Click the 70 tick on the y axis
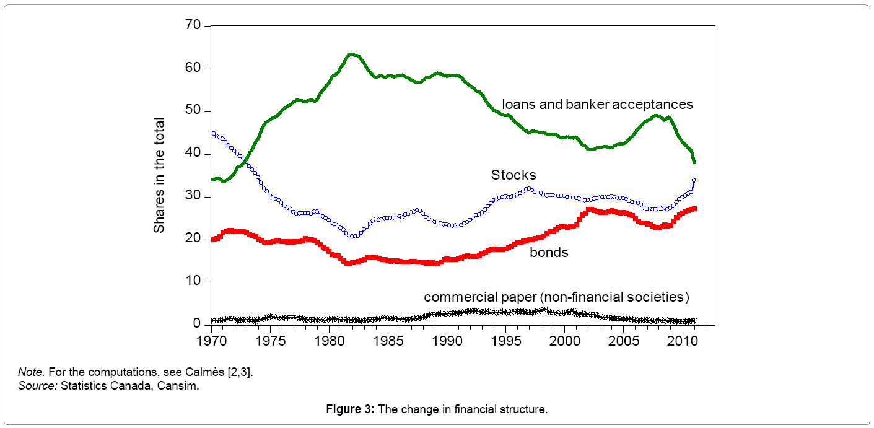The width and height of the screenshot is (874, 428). pyautogui.click(x=193, y=26)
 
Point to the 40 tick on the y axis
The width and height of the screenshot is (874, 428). pyautogui.click(x=193, y=154)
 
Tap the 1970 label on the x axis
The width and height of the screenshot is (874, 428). pyautogui.click(x=211, y=341)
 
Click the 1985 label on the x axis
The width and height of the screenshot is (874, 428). pyautogui.click(x=388, y=341)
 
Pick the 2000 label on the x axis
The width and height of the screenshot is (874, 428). pyautogui.click(x=565, y=341)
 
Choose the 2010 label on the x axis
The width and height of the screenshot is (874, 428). pyautogui.click(x=683, y=341)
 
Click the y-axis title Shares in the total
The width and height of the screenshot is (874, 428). pyautogui.click(x=159, y=175)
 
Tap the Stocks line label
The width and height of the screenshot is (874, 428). pyautogui.click(x=513, y=175)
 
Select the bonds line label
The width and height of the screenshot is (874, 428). pyautogui.click(x=549, y=253)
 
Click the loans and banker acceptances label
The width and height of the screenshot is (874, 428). pyautogui.click(x=597, y=105)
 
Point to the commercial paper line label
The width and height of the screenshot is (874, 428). pyautogui.click(x=556, y=297)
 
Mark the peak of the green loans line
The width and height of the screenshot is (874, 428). pyautogui.click(x=351, y=55)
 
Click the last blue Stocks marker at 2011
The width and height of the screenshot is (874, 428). pyautogui.click(x=694, y=180)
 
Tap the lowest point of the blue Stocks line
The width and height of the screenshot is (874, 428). pyautogui.click(x=353, y=236)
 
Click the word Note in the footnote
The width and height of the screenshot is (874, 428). pyautogui.click(x=28, y=372)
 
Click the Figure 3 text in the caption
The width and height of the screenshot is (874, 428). pyautogui.click(x=351, y=409)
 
